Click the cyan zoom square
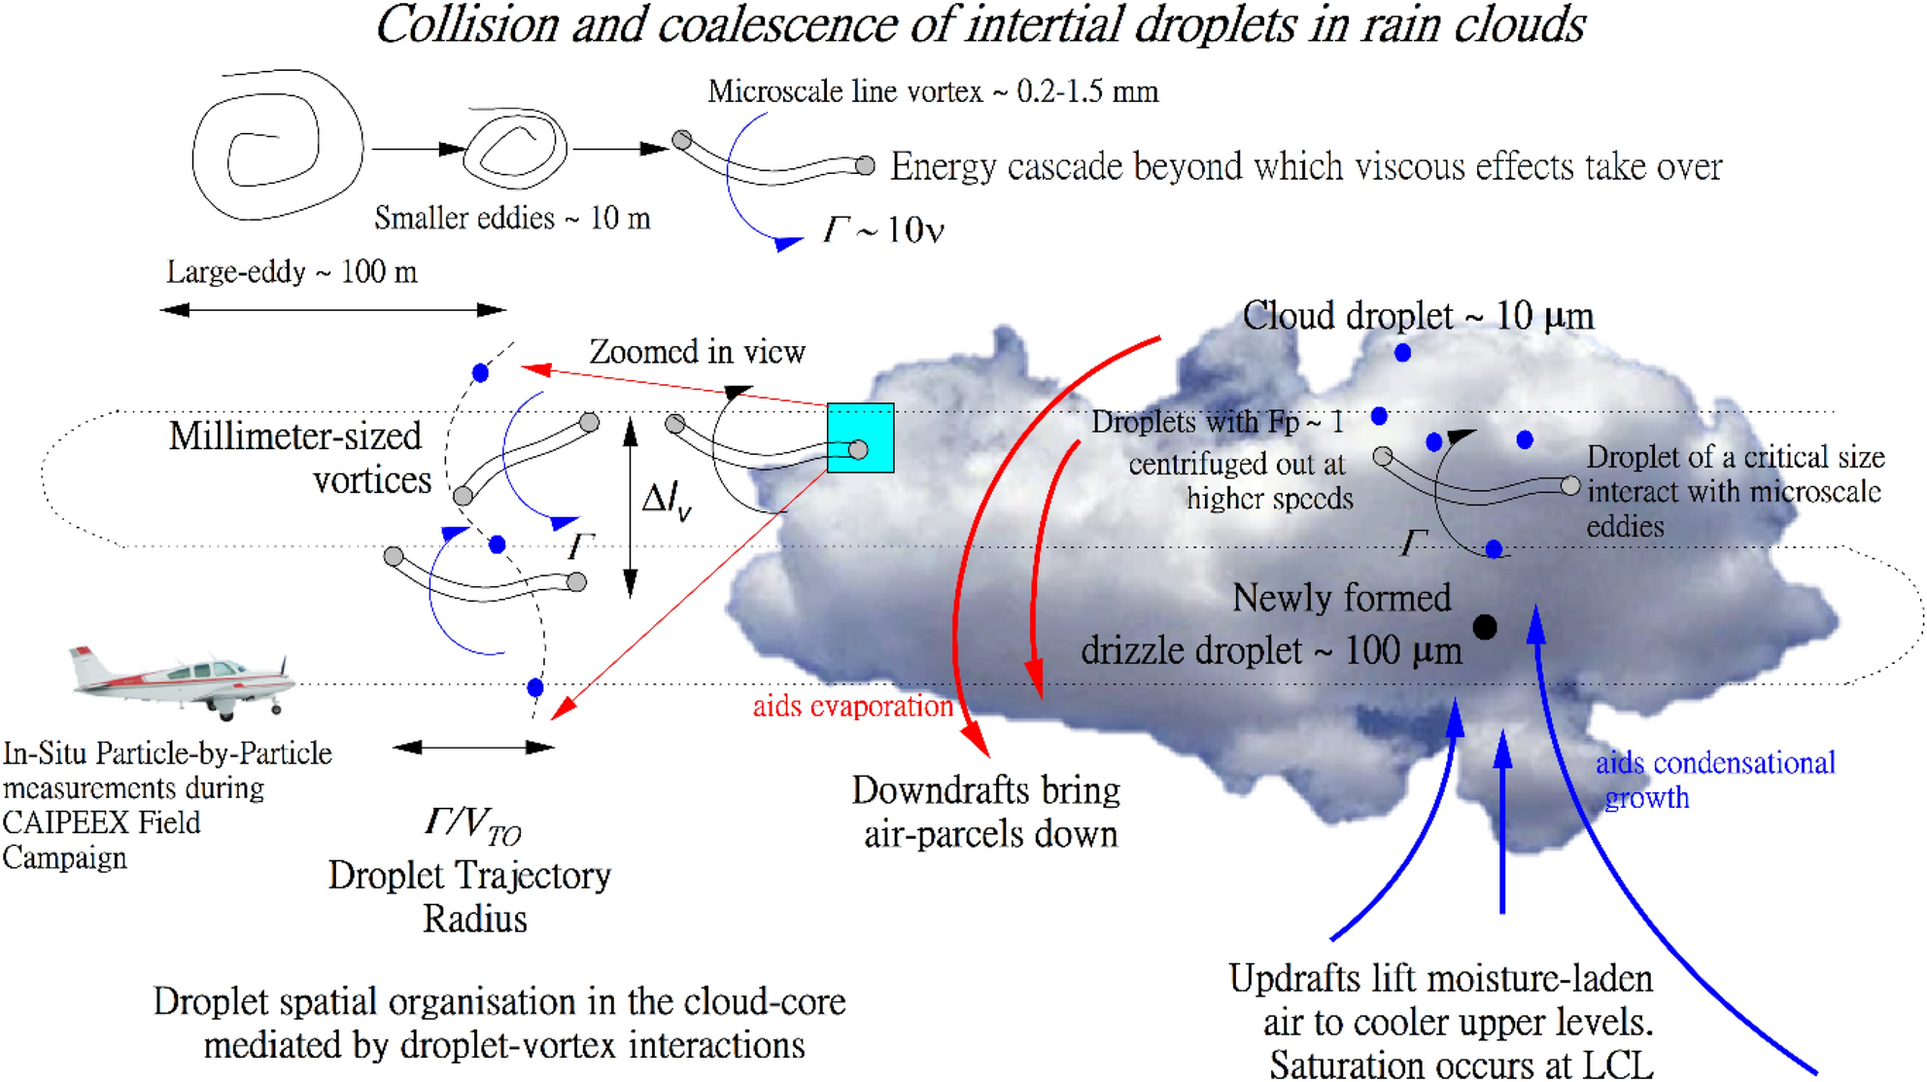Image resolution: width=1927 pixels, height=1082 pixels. (860, 437)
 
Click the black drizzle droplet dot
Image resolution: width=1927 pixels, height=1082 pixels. (1485, 628)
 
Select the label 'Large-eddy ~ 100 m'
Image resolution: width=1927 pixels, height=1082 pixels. (292, 272)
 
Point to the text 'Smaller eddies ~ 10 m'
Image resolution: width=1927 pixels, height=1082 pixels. (512, 218)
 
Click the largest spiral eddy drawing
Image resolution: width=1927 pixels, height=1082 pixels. (276, 146)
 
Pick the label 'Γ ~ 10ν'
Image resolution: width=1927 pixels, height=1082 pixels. (883, 230)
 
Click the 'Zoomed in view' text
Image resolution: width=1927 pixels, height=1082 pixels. (697, 352)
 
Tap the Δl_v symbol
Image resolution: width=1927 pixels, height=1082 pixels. (667, 502)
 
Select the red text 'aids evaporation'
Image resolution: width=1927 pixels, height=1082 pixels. (852, 707)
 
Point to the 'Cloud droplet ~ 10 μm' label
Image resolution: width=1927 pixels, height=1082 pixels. (1418, 316)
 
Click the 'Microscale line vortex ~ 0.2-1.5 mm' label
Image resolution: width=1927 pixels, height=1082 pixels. (933, 91)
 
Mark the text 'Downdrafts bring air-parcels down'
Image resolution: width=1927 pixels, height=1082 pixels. (987, 812)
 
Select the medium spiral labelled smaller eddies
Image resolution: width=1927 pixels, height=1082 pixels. (515, 148)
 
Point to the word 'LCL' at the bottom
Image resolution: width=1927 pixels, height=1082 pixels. (1617, 1065)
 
